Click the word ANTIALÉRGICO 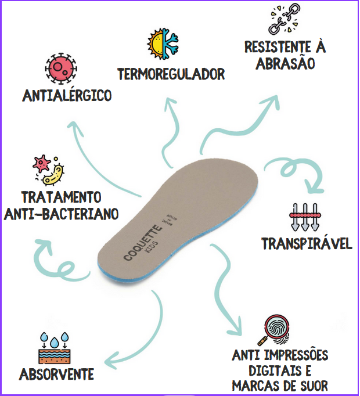pos(67,95)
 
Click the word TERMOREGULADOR pos(171,74)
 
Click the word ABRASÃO pos(285,63)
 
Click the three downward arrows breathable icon pos(304,217)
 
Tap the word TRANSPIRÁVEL pos(307,243)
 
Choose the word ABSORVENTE pos(56,374)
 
